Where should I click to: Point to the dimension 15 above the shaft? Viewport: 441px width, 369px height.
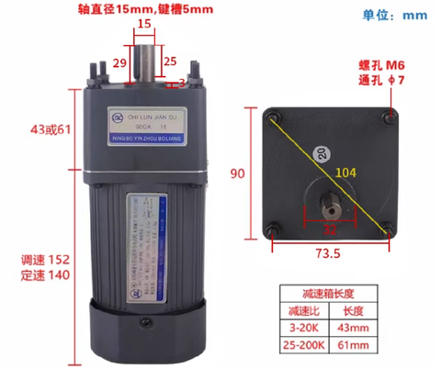coord(143,24)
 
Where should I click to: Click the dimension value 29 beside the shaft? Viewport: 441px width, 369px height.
coord(119,63)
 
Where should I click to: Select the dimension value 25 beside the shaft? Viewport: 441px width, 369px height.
coord(168,62)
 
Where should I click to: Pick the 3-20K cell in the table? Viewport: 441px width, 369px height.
coord(303,328)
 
